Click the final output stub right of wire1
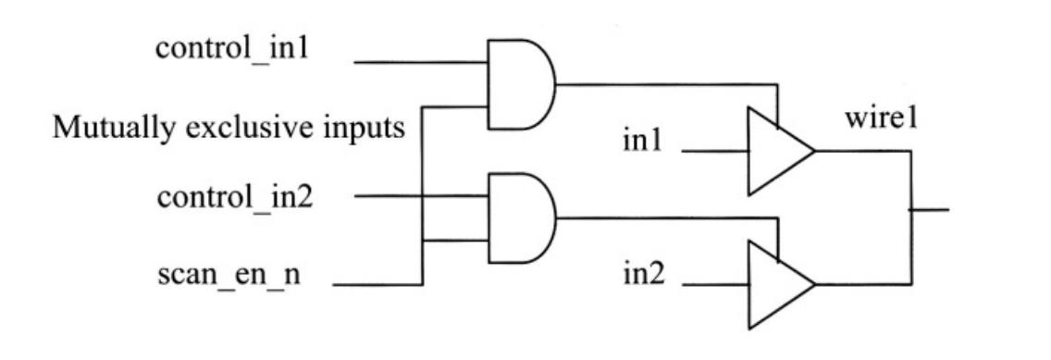(930, 208)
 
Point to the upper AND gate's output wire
(666, 85)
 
